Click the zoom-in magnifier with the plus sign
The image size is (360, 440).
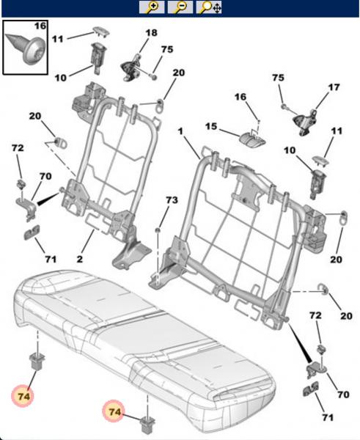pos(153,8)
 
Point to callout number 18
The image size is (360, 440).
pos(151,34)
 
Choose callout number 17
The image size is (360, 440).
pos(334,88)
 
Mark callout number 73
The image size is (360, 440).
pos(171,200)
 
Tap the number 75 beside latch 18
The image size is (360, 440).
pos(167,49)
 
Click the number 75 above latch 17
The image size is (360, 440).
pos(278,78)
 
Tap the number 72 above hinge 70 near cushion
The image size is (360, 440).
pos(315,315)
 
